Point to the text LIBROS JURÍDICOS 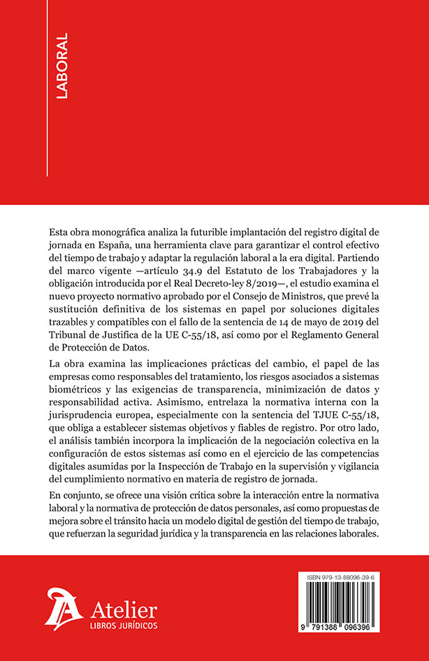[x=123, y=625]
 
